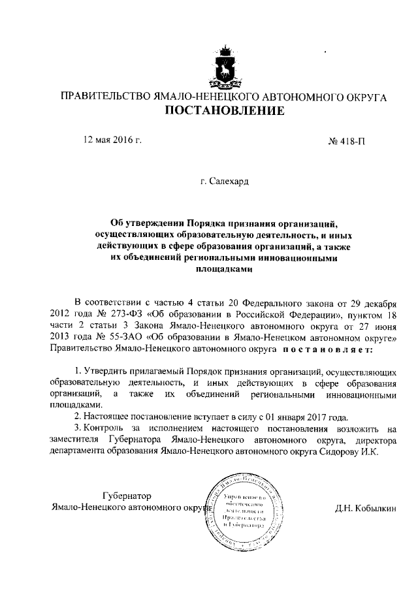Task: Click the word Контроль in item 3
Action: point(106,429)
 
